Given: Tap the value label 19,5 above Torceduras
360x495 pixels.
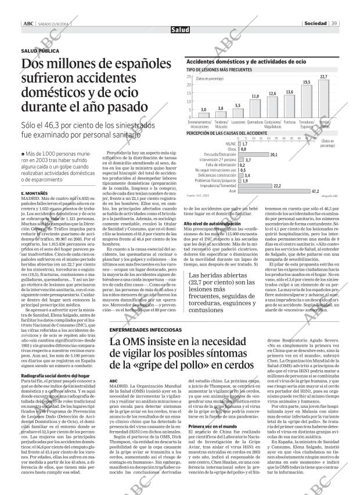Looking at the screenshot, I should coord(306,82).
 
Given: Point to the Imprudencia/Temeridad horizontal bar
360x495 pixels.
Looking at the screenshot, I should coord(255,185).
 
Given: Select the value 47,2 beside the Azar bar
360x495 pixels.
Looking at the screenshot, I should coord(315,191).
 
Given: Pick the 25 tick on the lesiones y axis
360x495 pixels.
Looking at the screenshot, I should coord(189,76).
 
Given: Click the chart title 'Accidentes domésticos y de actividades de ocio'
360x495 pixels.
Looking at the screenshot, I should coord(246,61).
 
